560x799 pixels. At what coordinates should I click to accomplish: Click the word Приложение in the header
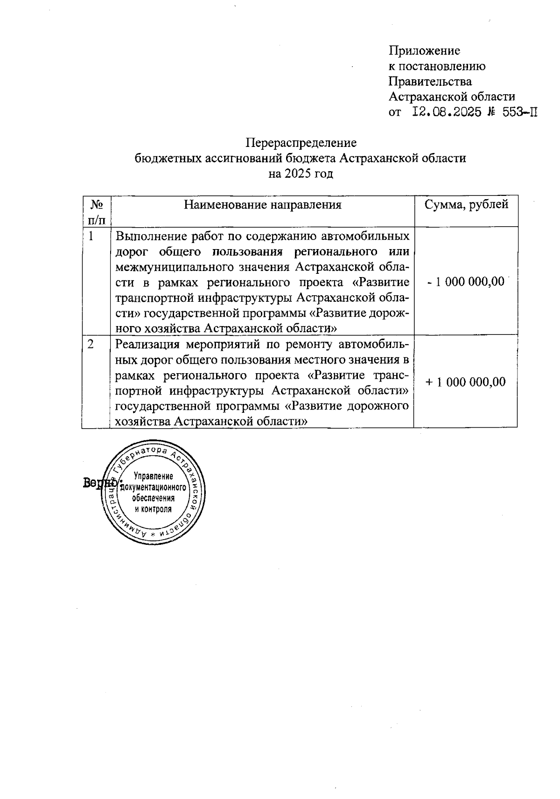coord(424,50)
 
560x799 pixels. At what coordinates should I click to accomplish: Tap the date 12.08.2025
coord(447,112)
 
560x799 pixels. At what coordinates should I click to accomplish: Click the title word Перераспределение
coord(301,142)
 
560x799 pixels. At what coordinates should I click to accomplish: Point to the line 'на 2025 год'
coord(301,174)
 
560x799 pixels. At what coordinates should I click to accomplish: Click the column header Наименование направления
coord(263,205)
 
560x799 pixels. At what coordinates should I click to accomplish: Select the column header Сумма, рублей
coord(466,204)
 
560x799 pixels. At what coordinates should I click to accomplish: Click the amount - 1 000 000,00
coord(466,282)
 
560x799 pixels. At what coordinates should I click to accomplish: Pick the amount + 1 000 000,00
coord(466,382)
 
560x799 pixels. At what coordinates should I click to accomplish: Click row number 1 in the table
coord(91,236)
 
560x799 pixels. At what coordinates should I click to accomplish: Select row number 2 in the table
coord(91,344)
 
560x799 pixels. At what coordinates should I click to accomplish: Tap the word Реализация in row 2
coord(147,345)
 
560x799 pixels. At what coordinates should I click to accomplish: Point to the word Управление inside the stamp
coord(153,476)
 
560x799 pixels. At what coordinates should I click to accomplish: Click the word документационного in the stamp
coord(154,487)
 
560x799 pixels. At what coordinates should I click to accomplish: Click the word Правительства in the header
coord(430,82)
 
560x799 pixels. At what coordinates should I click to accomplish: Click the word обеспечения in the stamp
coord(154,498)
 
